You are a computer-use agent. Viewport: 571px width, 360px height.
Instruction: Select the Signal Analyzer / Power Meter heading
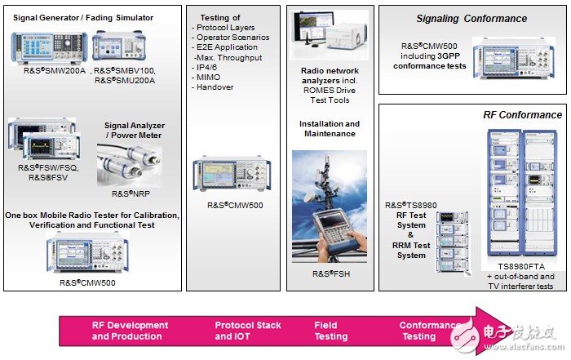pos(133,131)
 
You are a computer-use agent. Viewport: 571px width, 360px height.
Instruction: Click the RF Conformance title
pos(521,115)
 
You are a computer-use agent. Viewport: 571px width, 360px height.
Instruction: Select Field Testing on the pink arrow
pos(331,331)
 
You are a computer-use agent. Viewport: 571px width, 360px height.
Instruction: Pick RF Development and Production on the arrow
pos(131,331)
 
